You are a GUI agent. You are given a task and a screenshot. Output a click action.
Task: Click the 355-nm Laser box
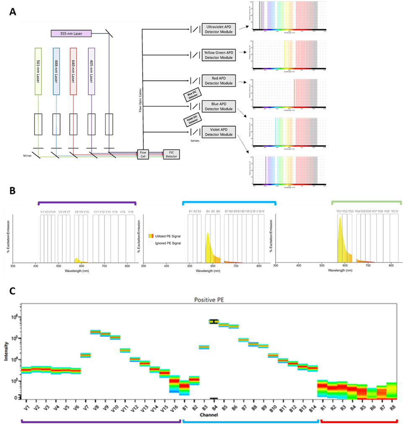tap(70, 33)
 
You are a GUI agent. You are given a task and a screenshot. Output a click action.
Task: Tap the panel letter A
tap(13, 13)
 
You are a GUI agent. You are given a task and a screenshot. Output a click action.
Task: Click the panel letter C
tap(13, 291)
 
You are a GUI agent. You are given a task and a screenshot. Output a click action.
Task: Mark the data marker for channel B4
tap(214, 321)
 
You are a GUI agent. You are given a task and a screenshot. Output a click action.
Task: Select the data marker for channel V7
tap(86, 355)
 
